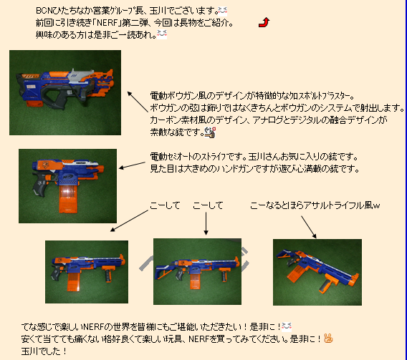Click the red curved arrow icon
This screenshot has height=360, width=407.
(264, 22)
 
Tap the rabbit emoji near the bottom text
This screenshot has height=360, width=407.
(328, 339)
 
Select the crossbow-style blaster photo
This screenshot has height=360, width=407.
(65, 92)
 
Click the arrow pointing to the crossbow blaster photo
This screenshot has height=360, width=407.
(138, 102)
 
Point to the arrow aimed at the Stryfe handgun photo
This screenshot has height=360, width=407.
(132, 165)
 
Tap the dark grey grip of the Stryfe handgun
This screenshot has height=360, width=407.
(39, 184)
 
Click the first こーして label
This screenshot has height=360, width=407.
(165, 205)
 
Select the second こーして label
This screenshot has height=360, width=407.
(209, 205)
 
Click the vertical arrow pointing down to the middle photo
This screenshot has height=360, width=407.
(206, 223)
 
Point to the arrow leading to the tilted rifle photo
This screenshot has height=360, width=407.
(309, 227)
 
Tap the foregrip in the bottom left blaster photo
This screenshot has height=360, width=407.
(108, 274)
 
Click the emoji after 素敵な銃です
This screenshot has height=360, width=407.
(210, 132)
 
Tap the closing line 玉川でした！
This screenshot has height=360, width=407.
(44, 351)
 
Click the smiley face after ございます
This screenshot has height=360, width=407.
(223, 11)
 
